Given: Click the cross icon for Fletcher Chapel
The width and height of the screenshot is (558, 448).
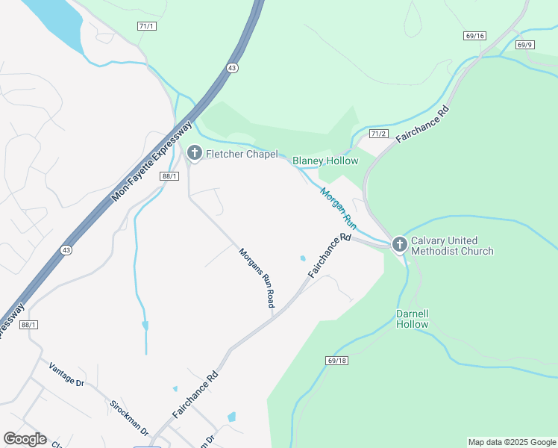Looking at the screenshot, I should click(x=194, y=154).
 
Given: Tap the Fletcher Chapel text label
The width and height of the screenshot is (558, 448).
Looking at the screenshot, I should click(x=242, y=155).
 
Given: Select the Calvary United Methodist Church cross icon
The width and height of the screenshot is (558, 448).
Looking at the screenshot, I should click(x=399, y=243).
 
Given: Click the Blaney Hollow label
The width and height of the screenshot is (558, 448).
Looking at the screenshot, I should click(x=325, y=161).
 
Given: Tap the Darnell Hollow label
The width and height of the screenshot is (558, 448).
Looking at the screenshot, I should click(x=413, y=319).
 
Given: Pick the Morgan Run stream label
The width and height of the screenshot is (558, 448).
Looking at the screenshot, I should click(x=339, y=208).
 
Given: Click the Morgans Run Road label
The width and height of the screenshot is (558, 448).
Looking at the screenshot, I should click(x=257, y=278).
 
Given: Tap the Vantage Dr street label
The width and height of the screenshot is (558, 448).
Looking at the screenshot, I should click(x=66, y=374).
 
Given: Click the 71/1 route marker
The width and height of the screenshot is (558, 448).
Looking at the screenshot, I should click(x=146, y=26).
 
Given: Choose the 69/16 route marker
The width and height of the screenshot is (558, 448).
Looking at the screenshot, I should click(x=474, y=35).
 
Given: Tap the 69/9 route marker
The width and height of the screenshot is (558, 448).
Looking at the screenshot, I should click(x=525, y=45).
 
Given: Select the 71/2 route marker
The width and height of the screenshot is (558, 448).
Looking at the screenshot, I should click(x=380, y=134).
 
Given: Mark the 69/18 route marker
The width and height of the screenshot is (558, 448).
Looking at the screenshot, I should click(x=337, y=360).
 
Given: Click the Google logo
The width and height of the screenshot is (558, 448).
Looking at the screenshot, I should click(x=25, y=439).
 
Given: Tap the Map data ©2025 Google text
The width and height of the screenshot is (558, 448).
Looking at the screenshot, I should click(x=512, y=442).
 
